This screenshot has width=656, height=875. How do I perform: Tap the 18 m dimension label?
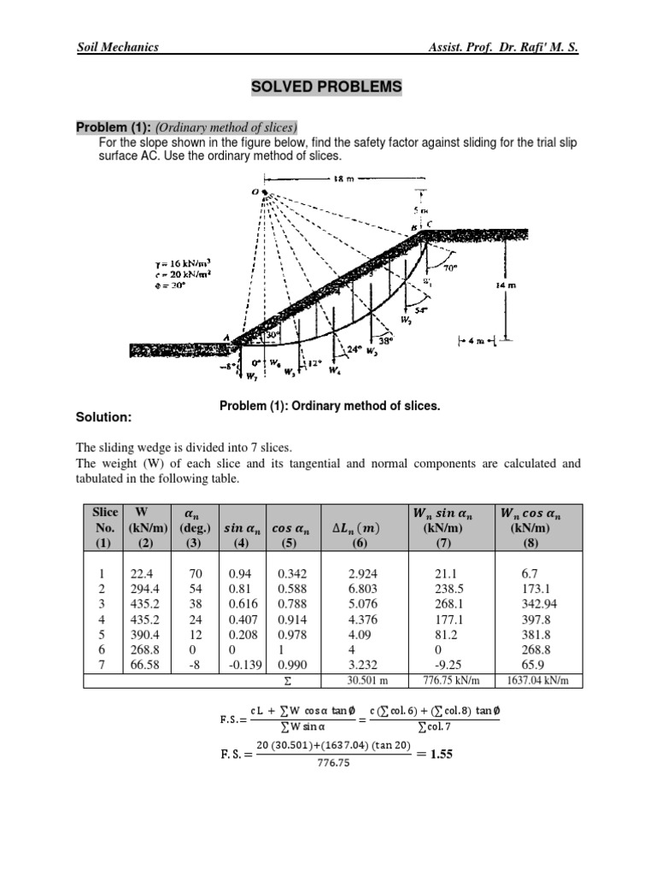tap(342, 179)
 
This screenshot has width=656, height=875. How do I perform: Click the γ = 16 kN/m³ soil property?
tap(177, 264)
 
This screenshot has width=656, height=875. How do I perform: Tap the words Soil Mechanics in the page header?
tap(118, 48)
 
